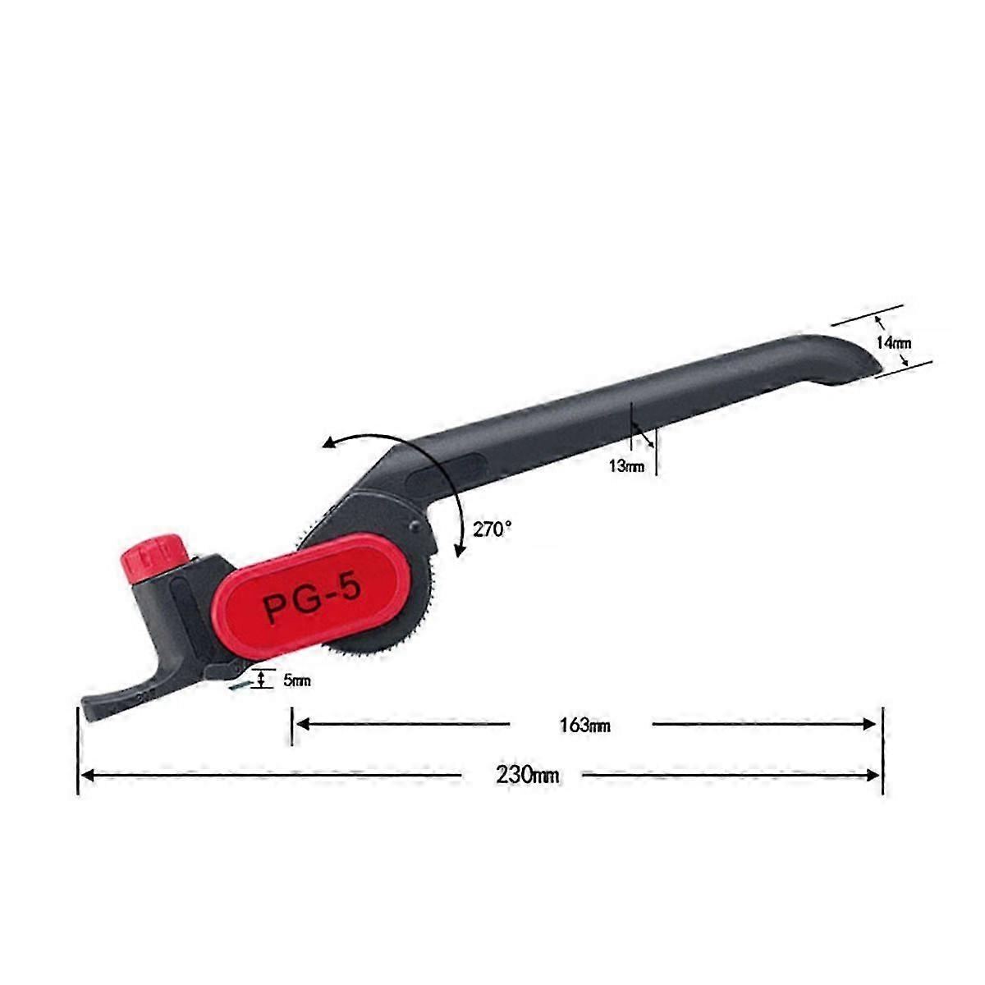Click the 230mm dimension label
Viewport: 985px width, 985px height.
(527, 775)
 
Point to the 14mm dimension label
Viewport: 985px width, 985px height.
(892, 343)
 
